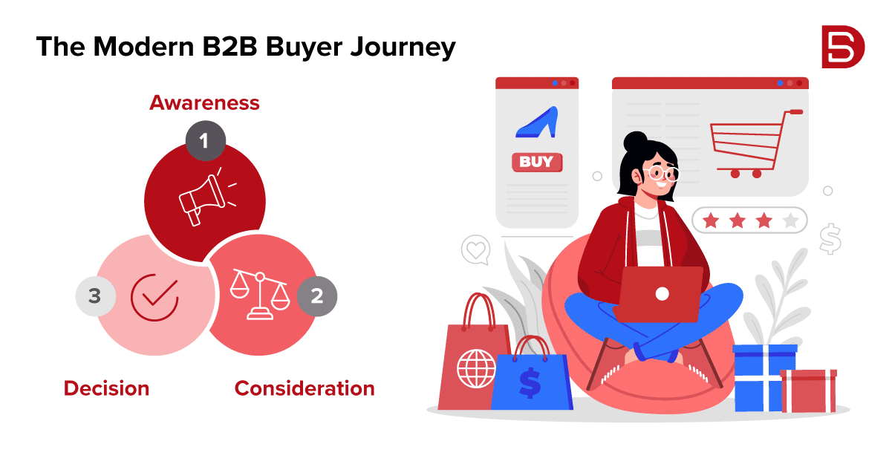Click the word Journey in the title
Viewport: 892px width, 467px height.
tap(403, 48)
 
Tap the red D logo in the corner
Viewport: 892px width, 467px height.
tap(843, 47)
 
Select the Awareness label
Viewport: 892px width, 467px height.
tap(205, 102)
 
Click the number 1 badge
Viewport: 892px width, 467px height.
tap(206, 141)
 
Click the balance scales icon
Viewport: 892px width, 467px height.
tap(260, 295)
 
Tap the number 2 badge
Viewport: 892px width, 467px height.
tap(317, 296)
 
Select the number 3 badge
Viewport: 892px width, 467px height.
tap(95, 296)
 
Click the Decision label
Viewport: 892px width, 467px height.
tap(107, 388)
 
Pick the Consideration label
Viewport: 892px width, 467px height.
tap(305, 388)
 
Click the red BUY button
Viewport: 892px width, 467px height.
tap(537, 162)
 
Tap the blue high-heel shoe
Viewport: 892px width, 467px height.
tap(537, 123)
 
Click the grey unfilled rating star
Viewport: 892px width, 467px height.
tap(790, 221)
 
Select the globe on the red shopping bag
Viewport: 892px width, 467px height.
tap(476, 369)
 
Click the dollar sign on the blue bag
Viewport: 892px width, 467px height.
tap(530, 383)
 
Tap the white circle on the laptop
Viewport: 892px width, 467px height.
tap(662, 294)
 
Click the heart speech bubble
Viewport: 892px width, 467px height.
tap(476, 249)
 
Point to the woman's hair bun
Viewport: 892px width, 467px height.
tap(635, 141)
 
